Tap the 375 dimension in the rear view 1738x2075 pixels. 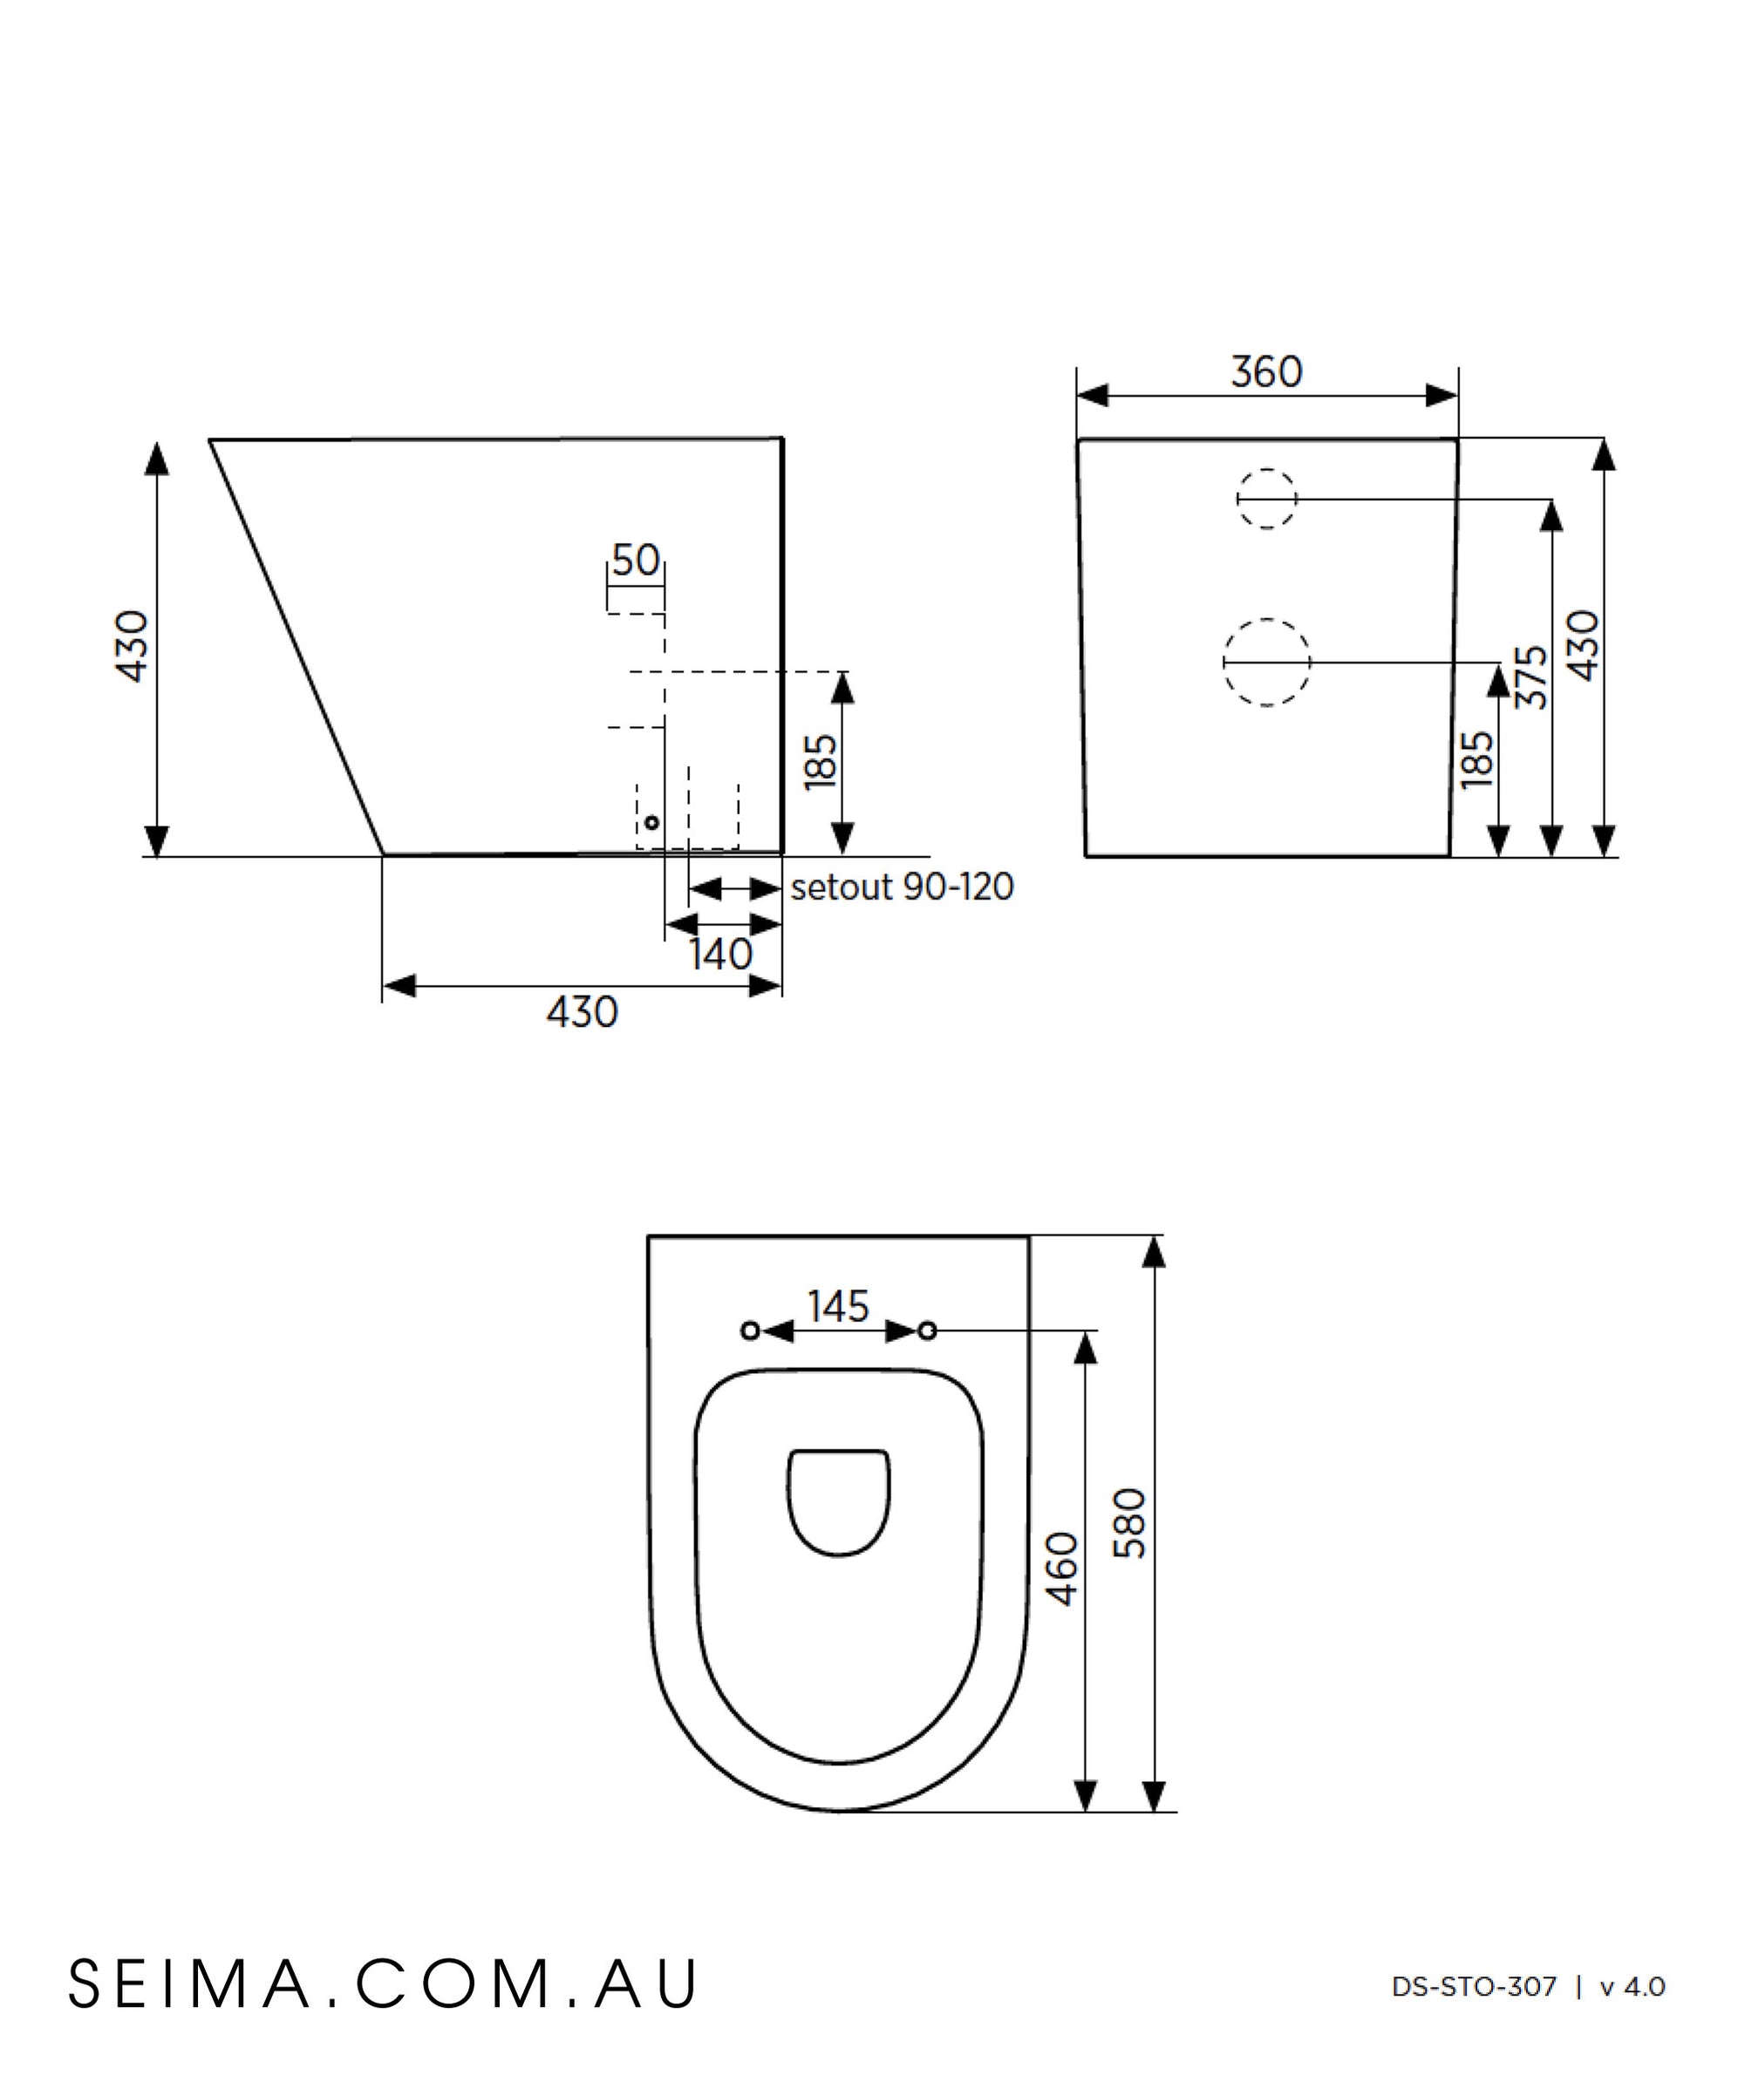pos(1531,677)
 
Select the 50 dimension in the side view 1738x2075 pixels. pos(636,561)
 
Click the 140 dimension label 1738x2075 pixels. pos(720,955)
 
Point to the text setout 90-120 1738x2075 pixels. pos(902,888)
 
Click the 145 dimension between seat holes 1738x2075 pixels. pos(838,1307)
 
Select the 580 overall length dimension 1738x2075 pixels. pos(1130,1522)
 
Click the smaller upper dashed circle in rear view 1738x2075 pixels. pos(1267,499)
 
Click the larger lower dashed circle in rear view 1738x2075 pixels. pos(1267,662)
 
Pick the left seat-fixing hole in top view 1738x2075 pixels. pos(751,1331)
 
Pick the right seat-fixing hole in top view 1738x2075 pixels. pos(927,1331)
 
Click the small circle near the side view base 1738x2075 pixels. pos(651,822)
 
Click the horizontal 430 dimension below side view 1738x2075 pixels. pos(582,1012)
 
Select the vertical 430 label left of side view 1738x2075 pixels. pos(133,646)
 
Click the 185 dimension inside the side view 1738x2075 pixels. pos(821,761)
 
